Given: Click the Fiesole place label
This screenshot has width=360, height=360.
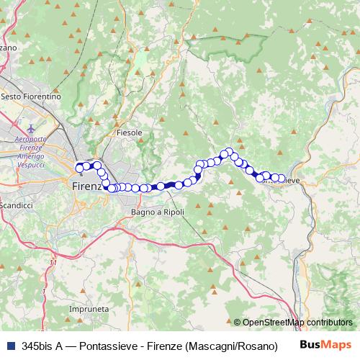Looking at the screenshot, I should (x=130, y=133).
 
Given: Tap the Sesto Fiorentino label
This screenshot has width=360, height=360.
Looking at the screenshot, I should (x=31, y=96).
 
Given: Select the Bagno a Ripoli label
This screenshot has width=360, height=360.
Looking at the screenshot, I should (x=158, y=212).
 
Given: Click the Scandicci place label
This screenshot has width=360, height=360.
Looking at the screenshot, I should (x=17, y=205).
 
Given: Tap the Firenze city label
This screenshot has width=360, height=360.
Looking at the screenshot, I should (x=89, y=186).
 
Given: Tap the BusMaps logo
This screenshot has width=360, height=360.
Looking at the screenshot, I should (x=326, y=345).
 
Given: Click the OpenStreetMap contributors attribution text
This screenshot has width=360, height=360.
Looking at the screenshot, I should (x=297, y=323).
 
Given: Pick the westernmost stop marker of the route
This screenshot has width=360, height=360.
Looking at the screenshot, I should (x=79, y=168).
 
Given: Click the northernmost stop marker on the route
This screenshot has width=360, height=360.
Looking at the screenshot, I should (x=230, y=152).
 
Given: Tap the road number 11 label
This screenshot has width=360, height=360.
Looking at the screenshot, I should (x=53, y=263).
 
